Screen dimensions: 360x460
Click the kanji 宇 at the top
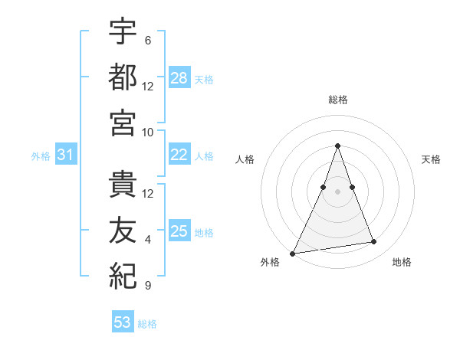coord(123,33)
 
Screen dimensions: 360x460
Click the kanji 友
coord(123,231)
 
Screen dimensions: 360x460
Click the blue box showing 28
coord(179,77)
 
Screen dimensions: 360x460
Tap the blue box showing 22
coord(179,155)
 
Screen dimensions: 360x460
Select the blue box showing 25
coord(179,231)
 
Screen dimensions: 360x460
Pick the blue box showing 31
coord(66,155)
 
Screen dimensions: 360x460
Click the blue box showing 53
coord(123,322)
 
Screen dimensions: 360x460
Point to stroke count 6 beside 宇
coord(148,41)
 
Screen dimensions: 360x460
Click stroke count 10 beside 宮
coord(148,131)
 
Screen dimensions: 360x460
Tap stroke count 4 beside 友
coord(148,240)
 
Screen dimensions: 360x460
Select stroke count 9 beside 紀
coord(148,286)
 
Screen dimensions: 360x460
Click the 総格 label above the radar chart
coord(337,100)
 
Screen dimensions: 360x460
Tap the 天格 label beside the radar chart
coord(432,159)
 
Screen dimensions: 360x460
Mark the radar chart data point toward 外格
coord(292,253)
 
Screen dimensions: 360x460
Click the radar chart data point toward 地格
coord(374,242)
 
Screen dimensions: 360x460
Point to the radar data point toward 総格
coord(337,146)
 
